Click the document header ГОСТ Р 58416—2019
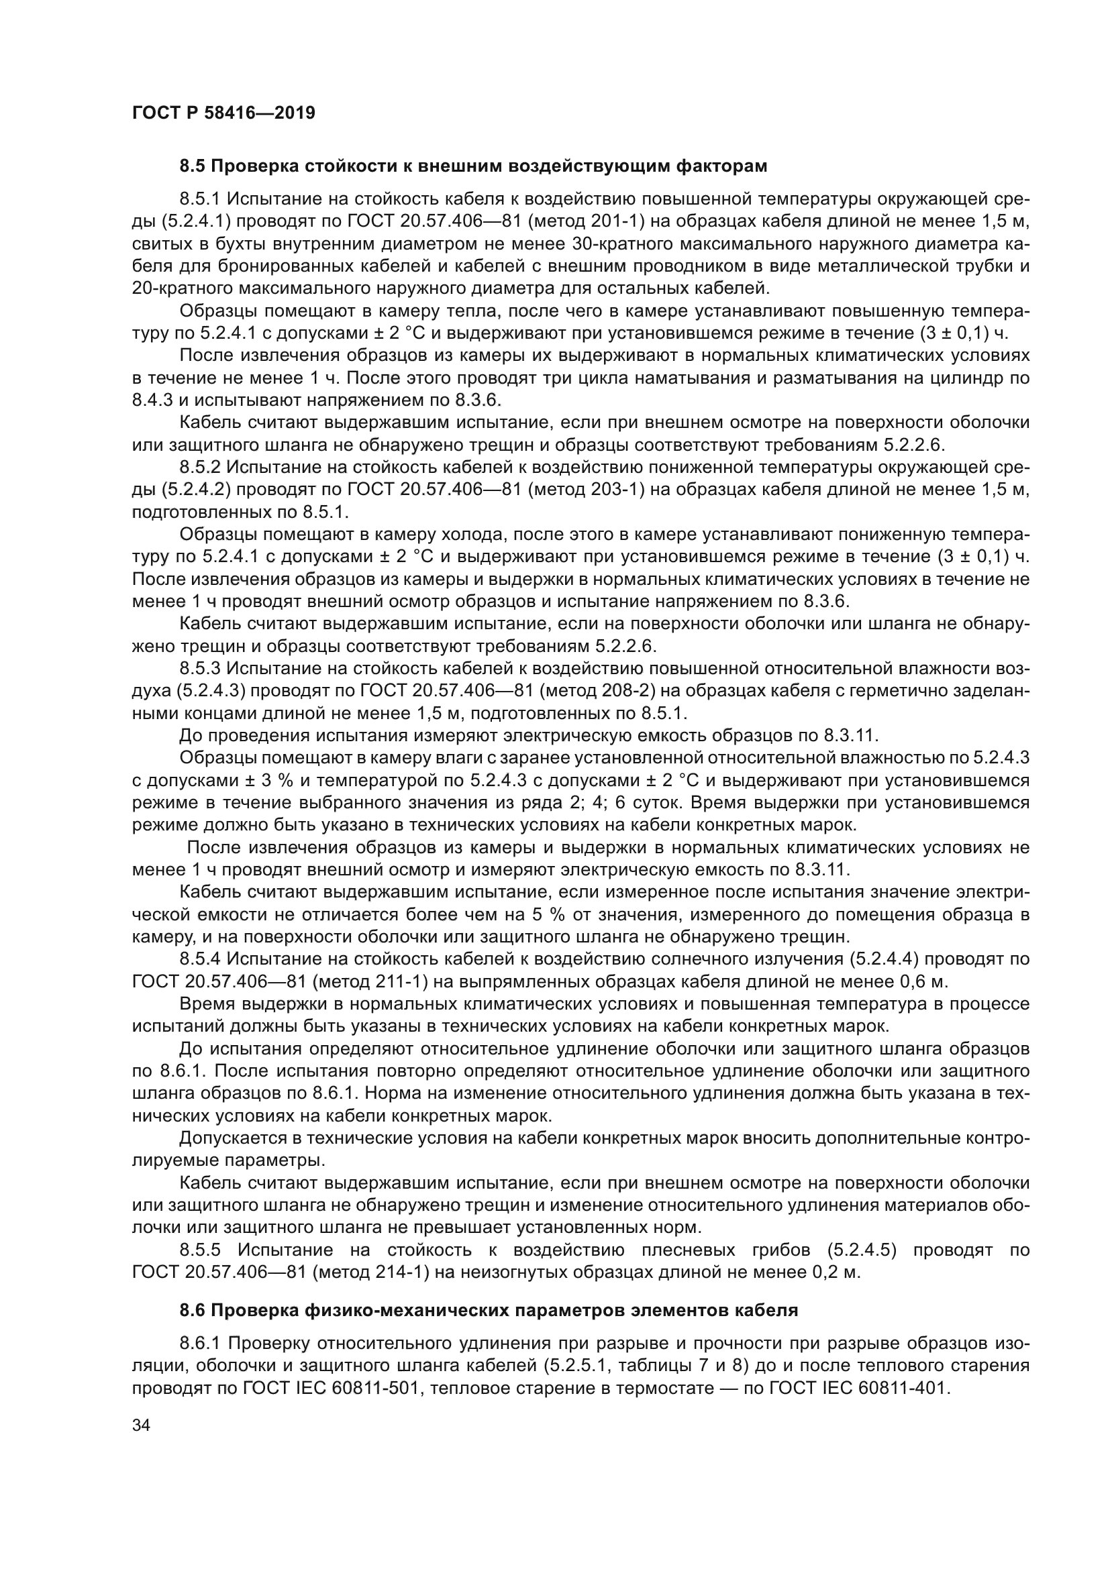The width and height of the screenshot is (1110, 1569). [223, 113]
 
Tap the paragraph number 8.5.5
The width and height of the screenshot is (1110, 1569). [199, 1250]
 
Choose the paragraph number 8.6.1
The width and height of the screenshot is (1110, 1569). [199, 1343]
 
